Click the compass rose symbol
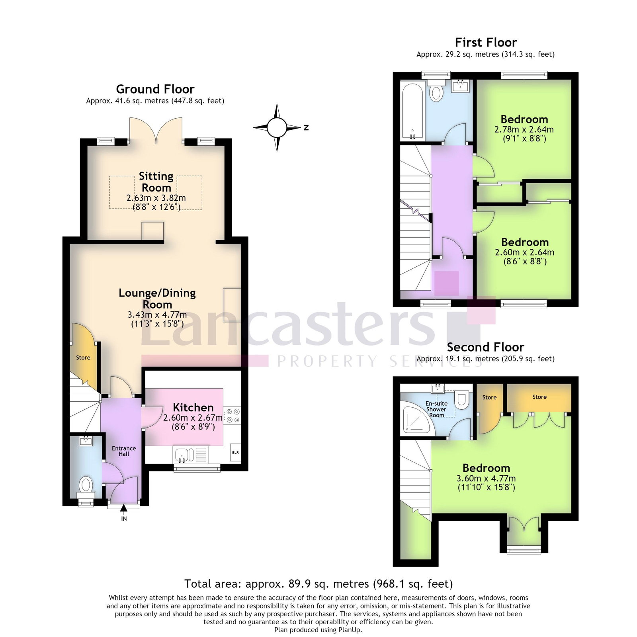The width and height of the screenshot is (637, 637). pyautogui.click(x=277, y=127)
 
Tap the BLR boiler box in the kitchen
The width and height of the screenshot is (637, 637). pyautogui.click(x=235, y=452)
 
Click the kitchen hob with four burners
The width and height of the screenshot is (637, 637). pyautogui.click(x=232, y=416)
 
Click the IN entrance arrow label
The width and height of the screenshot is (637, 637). pyautogui.click(x=124, y=519)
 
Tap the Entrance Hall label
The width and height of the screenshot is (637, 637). pyautogui.click(x=124, y=451)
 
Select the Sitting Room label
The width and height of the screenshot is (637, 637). pyautogui.click(x=156, y=182)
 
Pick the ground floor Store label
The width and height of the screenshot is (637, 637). pyautogui.click(x=83, y=358)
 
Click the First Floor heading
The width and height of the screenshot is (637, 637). pyautogui.click(x=486, y=42)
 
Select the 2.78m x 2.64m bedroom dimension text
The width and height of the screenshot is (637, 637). pyautogui.click(x=524, y=129)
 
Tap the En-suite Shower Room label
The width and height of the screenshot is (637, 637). pyautogui.click(x=436, y=409)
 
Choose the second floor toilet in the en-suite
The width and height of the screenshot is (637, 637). pyautogui.click(x=462, y=400)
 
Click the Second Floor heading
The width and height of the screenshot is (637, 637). pyautogui.click(x=485, y=347)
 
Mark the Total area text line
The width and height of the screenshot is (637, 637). pyautogui.click(x=318, y=584)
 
